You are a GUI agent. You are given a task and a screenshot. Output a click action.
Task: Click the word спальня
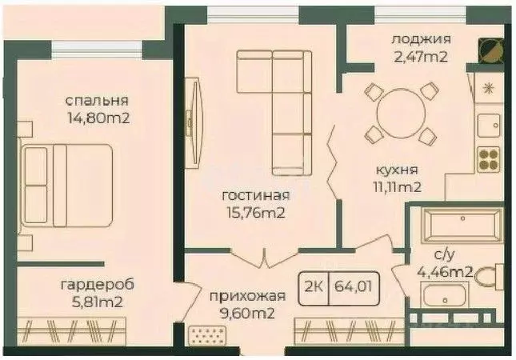(x=96, y=101)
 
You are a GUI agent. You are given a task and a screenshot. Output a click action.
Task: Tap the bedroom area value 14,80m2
(x=99, y=118)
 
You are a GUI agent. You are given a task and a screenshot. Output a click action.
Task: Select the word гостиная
(x=257, y=195)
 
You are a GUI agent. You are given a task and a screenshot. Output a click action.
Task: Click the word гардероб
(x=97, y=284)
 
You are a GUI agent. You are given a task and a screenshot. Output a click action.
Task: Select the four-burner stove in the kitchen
(x=488, y=159)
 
